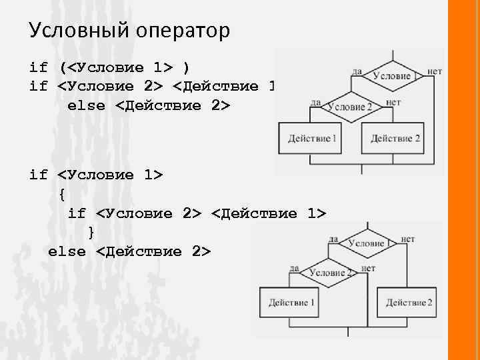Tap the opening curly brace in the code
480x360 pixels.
[x=62, y=195]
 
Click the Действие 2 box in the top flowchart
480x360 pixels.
[x=395, y=139]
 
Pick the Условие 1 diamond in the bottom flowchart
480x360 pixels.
[x=367, y=243]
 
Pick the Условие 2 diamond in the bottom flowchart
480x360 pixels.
[x=327, y=273]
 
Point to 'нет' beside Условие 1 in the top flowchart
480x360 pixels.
[x=435, y=70]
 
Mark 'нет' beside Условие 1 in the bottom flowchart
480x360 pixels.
[x=408, y=238]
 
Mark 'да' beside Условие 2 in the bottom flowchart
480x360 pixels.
[x=293, y=268]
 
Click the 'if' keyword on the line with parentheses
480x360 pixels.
[x=39, y=67]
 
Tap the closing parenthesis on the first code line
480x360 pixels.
[x=186, y=67]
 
